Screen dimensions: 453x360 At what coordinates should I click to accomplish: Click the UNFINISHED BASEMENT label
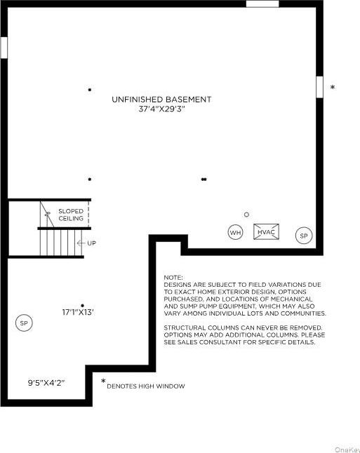click(x=161, y=100)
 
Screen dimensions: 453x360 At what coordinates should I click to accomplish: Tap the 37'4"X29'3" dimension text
click(x=161, y=110)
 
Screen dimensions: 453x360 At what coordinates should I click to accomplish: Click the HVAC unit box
click(x=266, y=232)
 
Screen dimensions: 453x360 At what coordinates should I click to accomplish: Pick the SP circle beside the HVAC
click(x=303, y=236)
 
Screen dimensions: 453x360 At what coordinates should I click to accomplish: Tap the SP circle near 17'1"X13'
click(x=24, y=323)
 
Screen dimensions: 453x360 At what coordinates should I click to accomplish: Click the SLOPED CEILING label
click(x=71, y=215)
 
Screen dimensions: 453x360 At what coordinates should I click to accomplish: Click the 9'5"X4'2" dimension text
click(x=46, y=382)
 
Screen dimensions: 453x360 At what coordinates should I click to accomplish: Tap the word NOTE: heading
click(x=173, y=278)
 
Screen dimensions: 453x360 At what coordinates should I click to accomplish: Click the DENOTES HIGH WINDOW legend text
click(x=146, y=386)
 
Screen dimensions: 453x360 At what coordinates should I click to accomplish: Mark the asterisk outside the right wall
click(x=333, y=88)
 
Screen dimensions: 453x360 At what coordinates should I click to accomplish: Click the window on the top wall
click(x=262, y=4)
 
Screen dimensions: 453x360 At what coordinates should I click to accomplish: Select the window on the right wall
click(x=319, y=86)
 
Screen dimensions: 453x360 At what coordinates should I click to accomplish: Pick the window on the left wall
click(x=4, y=48)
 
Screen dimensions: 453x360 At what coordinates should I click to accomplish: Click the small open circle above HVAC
click(x=246, y=215)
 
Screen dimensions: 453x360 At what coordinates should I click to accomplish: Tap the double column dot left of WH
click(x=204, y=180)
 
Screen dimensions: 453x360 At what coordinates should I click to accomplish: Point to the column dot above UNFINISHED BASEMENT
click(x=90, y=89)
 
